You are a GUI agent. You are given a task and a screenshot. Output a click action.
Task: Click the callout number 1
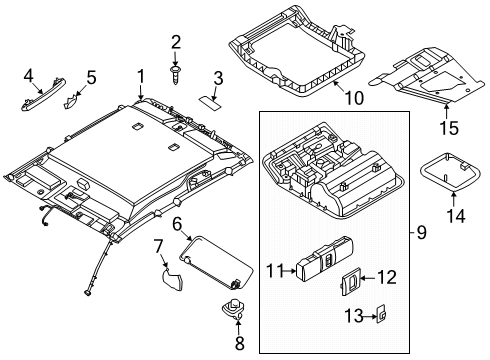tap(141, 75)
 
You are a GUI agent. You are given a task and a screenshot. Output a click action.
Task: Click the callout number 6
tap(176, 226)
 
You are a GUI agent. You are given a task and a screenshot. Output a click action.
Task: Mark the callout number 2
tap(176, 41)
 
